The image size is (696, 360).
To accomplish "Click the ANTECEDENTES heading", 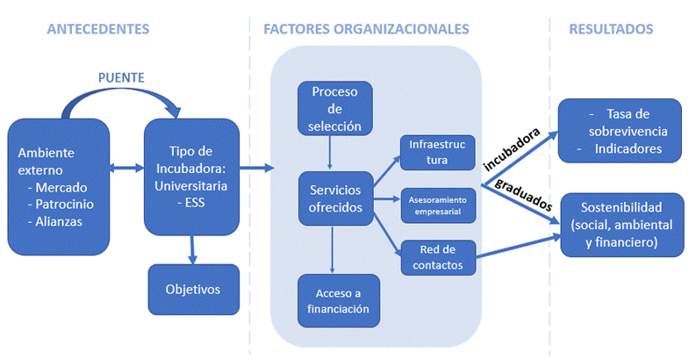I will pos(97,29).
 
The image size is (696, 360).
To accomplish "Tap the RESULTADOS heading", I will pos(611,29).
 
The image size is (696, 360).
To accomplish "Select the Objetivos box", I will pos(192,289).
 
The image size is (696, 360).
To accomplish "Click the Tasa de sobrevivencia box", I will pos(621,131).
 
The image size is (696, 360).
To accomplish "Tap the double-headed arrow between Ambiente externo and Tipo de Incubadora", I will pos(127,167).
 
